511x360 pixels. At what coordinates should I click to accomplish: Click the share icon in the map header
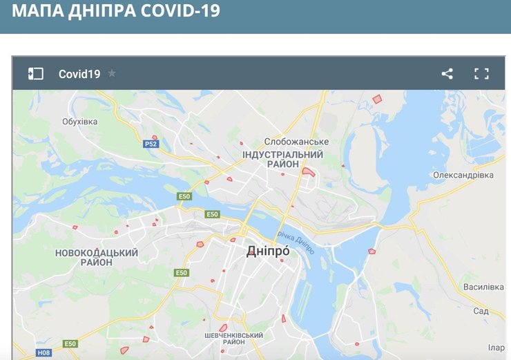coord(447,74)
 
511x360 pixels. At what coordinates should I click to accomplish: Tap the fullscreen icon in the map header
coord(481,74)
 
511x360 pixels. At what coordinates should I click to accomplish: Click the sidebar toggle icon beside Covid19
coord(35,74)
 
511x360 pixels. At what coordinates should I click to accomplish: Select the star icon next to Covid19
coord(112,73)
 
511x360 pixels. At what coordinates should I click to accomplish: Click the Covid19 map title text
coord(79,74)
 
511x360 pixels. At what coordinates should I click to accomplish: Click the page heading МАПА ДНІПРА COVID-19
coord(116,12)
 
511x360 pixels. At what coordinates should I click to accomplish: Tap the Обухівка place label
coord(80,122)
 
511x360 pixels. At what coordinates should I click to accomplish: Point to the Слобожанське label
coord(296,142)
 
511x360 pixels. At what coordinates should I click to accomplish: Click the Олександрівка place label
coord(463,176)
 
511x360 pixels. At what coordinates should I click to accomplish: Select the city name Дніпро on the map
coord(268,253)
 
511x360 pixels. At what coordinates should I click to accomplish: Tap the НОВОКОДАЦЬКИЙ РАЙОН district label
coord(97,258)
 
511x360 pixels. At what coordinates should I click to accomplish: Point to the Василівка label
coord(483,287)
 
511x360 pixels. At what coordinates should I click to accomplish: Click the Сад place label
coord(481,312)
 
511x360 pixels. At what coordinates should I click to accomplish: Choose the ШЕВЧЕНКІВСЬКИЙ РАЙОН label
coord(234,339)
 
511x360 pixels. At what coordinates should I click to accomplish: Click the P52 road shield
coord(151,144)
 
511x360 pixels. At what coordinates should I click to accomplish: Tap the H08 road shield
coord(44,352)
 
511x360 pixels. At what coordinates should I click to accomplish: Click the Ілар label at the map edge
coord(496,348)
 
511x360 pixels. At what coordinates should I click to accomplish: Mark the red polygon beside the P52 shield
coord(155,138)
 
